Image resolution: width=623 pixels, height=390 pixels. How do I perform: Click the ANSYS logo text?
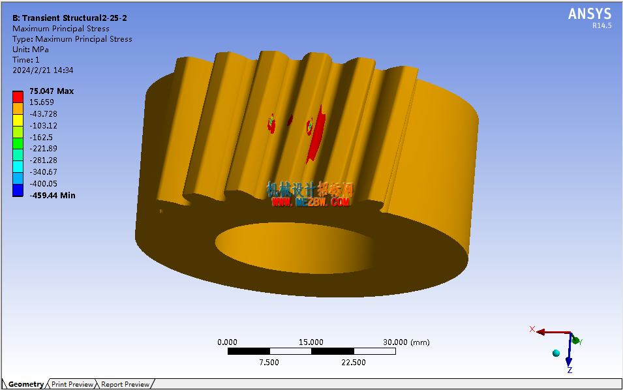tap(590, 14)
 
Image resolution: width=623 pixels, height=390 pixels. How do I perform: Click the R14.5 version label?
tap(602, 25)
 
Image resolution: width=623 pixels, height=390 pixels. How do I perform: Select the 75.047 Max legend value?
tap(52, 91)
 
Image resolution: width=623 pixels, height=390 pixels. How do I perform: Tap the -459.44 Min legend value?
tap(52, 196)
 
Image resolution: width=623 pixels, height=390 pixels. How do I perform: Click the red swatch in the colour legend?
tap(18, 97)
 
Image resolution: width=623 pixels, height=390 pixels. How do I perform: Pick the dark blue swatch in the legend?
tap(18, 190)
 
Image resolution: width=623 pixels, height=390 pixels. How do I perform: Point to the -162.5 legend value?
tap(41, 138)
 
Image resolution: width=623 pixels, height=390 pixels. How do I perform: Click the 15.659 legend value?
tap(42, 102)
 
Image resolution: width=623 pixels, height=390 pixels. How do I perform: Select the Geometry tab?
tap(26, 384)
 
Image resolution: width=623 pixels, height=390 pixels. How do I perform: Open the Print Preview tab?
tap(72, 384)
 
